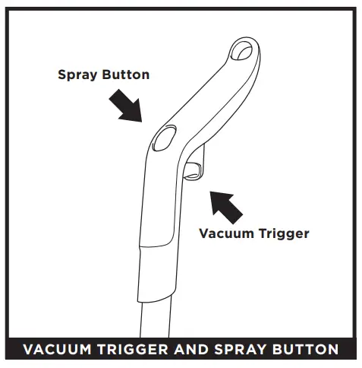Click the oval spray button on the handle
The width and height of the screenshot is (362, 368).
[163, 139]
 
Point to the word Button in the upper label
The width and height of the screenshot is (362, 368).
[125, 75]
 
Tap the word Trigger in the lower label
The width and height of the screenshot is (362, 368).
[283, 233]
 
